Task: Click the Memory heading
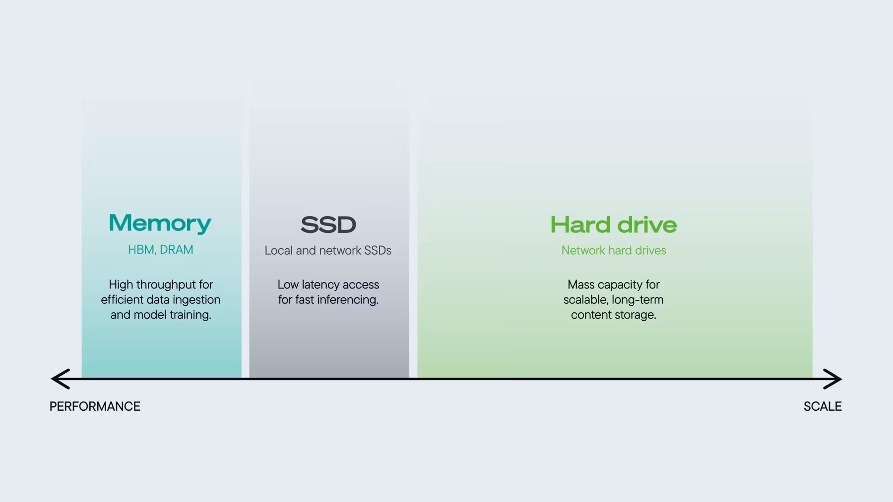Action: point(160,223)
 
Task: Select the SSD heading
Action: point(328,224)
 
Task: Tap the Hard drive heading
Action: point(614,224)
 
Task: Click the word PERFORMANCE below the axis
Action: point(95,406)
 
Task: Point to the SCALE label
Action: point(823,406)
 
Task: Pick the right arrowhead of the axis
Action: point(832,379)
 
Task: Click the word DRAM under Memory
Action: point(176,250)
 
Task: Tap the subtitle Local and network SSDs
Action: point(328,250)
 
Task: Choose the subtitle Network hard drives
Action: point(614,250)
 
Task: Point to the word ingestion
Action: point(196,300)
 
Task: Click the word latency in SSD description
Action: point(320,285)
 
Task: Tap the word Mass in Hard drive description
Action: point(581,285)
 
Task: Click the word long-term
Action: point(638,300)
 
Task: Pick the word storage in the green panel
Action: point(635,315)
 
